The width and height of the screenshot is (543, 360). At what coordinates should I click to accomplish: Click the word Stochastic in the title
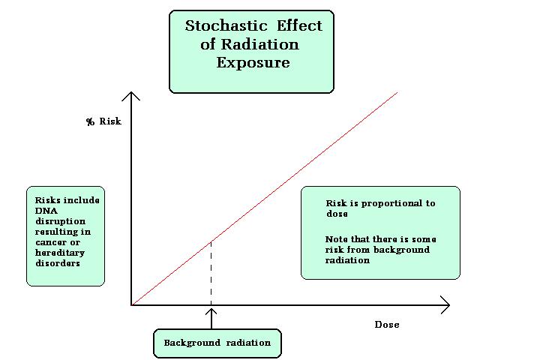(226, 26)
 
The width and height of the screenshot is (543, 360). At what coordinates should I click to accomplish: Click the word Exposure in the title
(253, 63)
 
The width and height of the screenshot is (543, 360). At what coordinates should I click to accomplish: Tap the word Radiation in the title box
(259, 44)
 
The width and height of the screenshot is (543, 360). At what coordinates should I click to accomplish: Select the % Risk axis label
(104, 121)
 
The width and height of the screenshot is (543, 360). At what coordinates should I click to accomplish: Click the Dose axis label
(387, 325)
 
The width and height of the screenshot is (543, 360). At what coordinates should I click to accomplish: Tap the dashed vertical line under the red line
(211, 273)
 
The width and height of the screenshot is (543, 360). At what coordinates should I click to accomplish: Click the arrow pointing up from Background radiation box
(211, 319)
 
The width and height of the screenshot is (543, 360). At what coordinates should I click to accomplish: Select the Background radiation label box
(217, 343)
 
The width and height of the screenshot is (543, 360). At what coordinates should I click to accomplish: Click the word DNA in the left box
(46, 211)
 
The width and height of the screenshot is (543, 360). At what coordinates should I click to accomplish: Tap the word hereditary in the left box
(60, 253)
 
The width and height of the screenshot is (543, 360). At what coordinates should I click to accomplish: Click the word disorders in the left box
(58, 263)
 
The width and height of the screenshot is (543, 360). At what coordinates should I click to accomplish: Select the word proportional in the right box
(391, 203)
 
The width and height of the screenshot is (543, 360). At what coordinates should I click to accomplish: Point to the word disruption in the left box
(60, 221)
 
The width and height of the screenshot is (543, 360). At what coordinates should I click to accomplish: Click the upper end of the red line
(397, 92)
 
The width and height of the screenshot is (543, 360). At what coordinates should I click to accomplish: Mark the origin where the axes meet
(131, 305)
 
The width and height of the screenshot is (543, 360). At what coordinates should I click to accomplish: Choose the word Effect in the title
(299, 26)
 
